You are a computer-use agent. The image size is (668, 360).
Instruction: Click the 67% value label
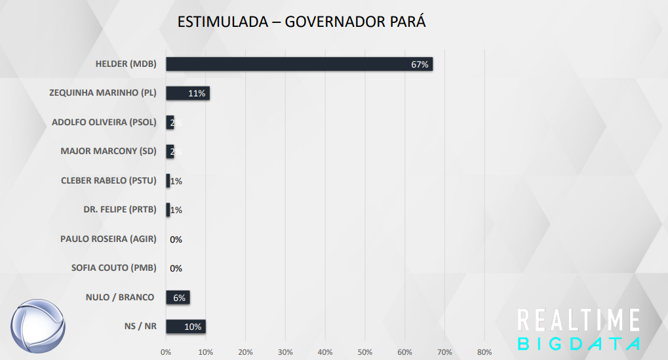click(x=420, y=64)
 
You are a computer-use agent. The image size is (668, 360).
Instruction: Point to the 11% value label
click(x=197, y=94)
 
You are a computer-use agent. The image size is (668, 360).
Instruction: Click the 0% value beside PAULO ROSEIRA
click(x=176, y=239)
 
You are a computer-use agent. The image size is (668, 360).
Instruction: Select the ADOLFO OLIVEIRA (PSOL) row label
click(x=104, y=122)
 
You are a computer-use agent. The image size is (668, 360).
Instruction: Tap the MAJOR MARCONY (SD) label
click(x=108, y=151)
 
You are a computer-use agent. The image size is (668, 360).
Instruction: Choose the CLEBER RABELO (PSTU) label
click(x=108, y=180)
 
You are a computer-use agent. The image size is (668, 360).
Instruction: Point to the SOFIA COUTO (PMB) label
click(x=113, y=268)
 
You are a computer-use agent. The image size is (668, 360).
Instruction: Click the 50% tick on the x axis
click(x=364, y=352)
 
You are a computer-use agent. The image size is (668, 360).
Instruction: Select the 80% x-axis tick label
click(x=484, y=352)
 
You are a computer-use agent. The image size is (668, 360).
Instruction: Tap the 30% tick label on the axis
click(x=285, y=352)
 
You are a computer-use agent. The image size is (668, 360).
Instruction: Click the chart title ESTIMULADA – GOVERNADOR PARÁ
click(x=302, y=22)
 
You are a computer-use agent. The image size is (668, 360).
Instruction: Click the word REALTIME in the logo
click(x=578, y=320)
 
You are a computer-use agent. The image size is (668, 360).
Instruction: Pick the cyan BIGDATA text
click(x=578, y=344)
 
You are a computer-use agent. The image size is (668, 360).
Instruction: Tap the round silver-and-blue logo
click(x=38, y=325)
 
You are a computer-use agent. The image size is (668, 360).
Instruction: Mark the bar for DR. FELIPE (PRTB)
click(x=168, y=210)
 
